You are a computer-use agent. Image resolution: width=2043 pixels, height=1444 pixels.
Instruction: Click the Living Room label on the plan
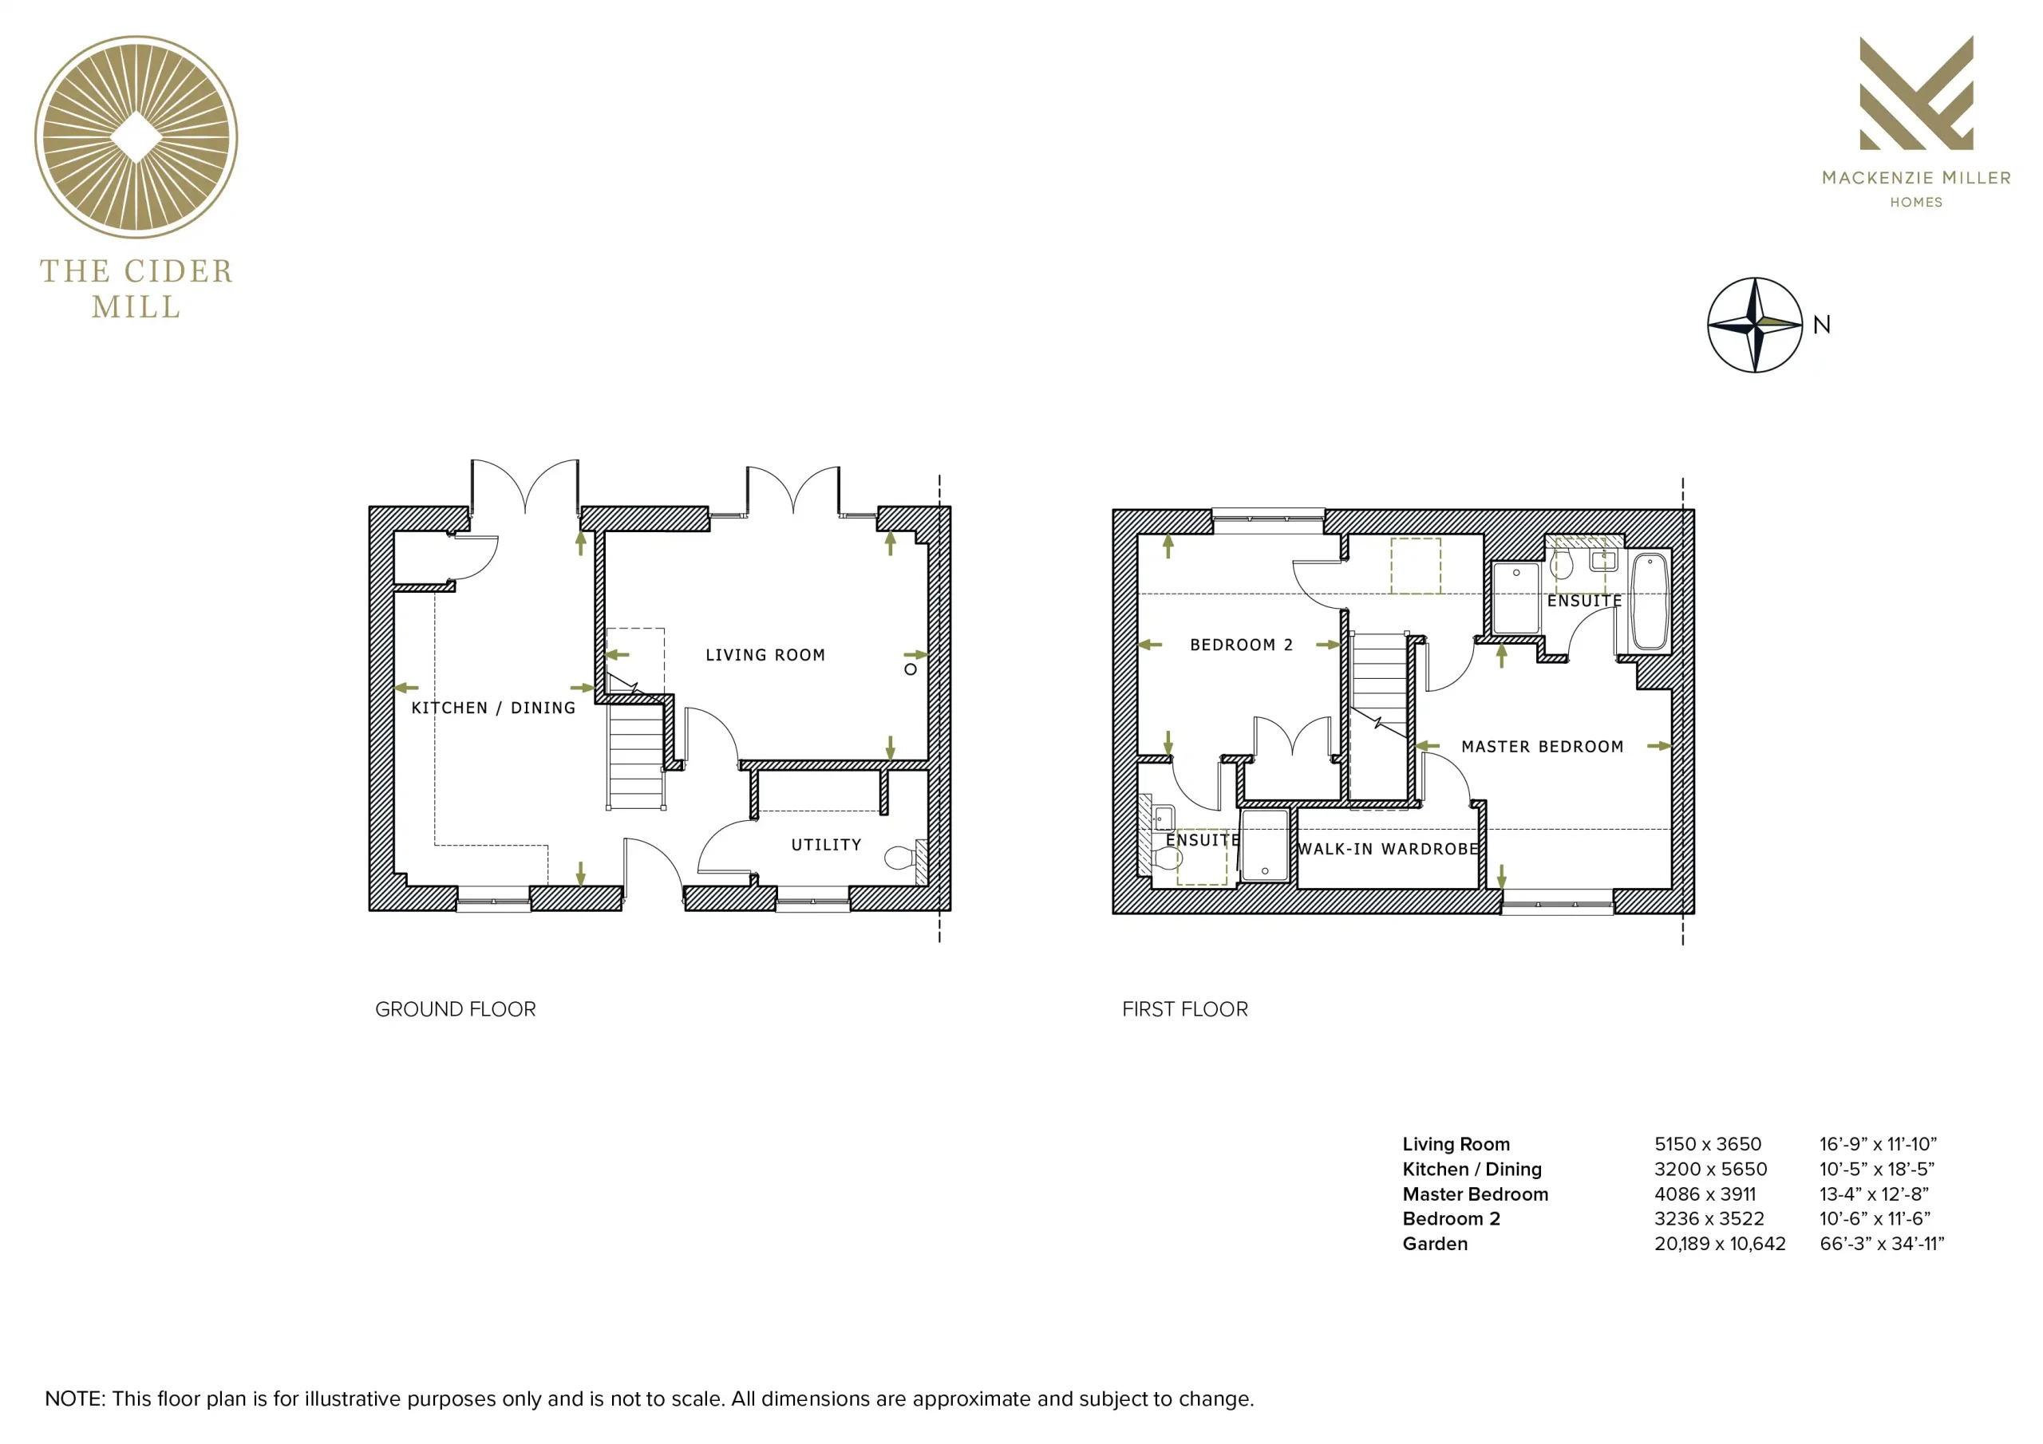click(x=765, y=655)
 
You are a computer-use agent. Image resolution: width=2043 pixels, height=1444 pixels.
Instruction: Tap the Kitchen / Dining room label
click(x=493, y=708)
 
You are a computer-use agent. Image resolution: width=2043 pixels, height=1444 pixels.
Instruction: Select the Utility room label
click(x=826, y=844)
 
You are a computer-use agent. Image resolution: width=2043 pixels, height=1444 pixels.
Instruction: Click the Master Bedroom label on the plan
click(x=1542, y=747)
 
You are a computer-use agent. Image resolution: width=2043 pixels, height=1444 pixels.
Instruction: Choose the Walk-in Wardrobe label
click(x=1388, y=849)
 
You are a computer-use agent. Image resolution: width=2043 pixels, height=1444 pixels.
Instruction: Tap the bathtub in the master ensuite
click(x=1650, y=602)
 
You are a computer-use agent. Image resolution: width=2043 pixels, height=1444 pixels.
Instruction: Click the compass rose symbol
click(x=1755, y=325)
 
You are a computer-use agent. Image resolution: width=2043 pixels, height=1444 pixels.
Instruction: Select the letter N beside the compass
click(x=1821, y=325)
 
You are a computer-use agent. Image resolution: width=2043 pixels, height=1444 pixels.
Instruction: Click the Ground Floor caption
click(x=456, y=1009)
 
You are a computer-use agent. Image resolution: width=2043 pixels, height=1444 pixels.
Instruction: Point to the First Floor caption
click(x=1184, y=1009)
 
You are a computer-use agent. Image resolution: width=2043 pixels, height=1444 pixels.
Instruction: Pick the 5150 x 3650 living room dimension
click(x=1708, y=1144)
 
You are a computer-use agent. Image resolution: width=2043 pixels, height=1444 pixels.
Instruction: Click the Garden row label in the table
click(x=1434, y=1244)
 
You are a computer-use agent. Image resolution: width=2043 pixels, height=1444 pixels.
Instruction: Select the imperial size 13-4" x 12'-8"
click(x=1874, y=1194)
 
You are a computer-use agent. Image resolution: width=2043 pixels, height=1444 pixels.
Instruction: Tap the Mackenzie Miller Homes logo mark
click(x=1917, y=93)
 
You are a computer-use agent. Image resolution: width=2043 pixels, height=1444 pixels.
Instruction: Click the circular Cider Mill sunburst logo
click(x=136, y=137)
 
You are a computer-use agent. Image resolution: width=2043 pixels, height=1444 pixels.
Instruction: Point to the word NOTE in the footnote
click(x=75, y=1399)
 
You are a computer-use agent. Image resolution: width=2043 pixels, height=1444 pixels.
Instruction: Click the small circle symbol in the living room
click(x=911, y=669)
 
